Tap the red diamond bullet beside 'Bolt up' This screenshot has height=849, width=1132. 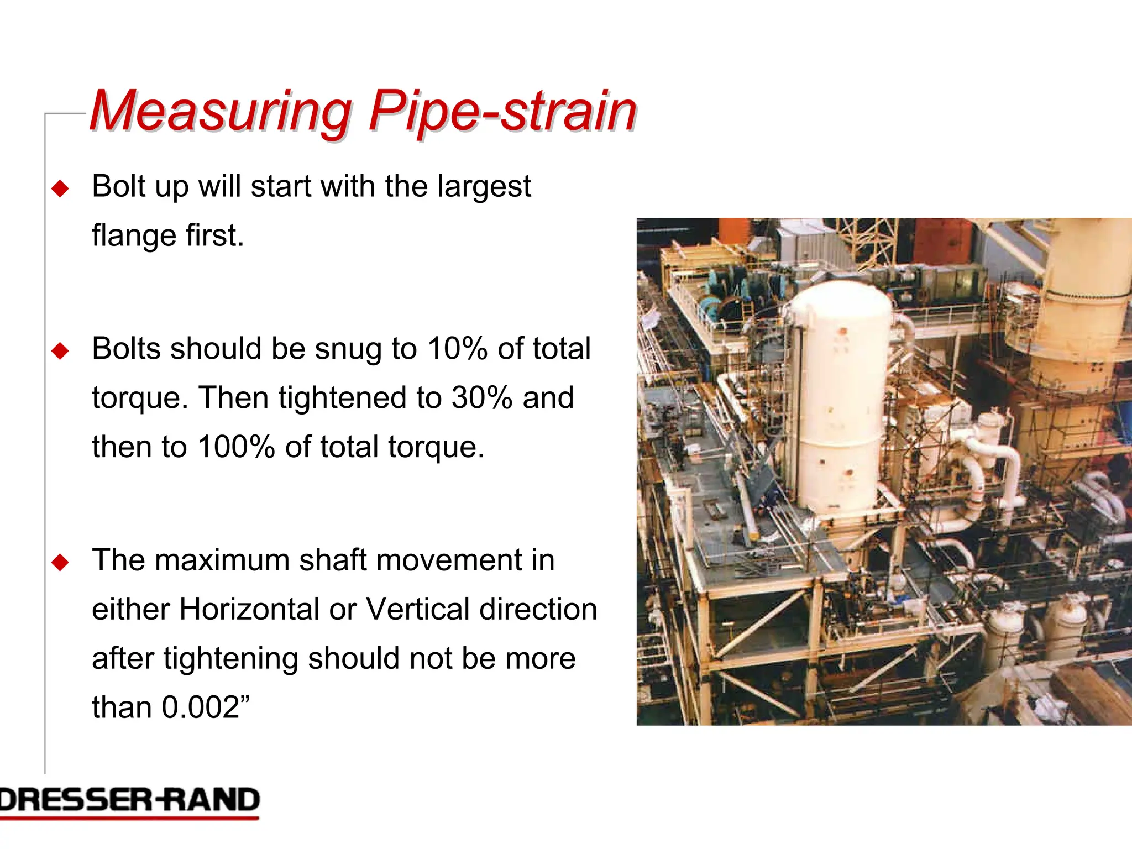point(60,189)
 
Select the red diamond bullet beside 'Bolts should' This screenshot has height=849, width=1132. point(60,351)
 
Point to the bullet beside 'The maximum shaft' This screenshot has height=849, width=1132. point(60,563)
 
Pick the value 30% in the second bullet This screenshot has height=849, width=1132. point(481,398)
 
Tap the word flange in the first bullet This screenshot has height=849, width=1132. point(133,236)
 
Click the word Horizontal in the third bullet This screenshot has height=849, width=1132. point(249,610)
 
